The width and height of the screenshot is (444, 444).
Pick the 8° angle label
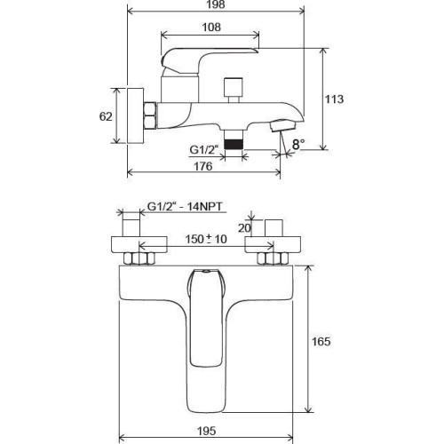pos(297,143)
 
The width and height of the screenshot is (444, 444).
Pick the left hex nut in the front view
pos(141,260)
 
